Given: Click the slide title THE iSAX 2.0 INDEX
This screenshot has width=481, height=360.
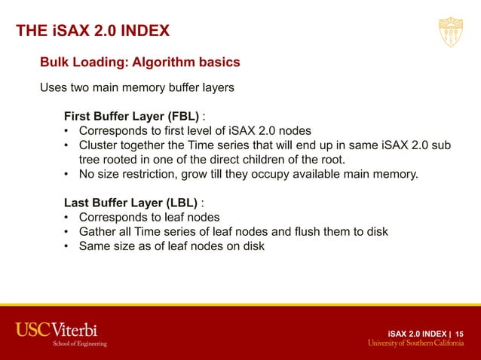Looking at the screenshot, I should [93, 31].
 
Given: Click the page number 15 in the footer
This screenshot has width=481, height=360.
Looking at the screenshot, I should [460, 333].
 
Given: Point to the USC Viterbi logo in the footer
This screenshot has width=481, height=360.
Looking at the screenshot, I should [57, 329].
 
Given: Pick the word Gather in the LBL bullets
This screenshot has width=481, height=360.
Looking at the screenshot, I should [98, 232].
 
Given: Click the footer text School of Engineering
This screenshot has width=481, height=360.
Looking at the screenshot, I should [79, 343].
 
